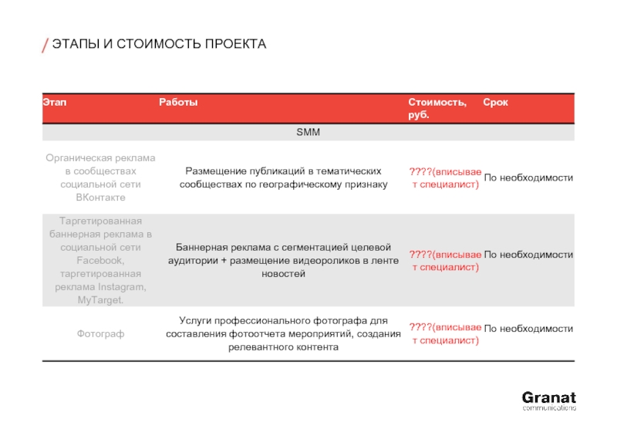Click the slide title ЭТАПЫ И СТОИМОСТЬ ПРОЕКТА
tap(158, 44)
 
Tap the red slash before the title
tap(45, 45)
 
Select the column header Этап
tap(54, 103)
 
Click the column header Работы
tap(178, 103)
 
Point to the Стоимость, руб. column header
tap(437, 108)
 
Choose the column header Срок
tap(495, 103)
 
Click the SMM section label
tap(308, 133)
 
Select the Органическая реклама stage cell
tap(100, 177)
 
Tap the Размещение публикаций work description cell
tap(284, 177)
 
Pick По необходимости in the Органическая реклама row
tap(528, 178)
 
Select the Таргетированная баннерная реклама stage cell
tap(100, 260)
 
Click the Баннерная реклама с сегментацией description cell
tap(284, 260)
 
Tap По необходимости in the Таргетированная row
tap(528, 255)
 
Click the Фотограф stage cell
tap(100, 334)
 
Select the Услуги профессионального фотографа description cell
tap(284, 333)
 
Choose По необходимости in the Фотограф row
tap(528, 329)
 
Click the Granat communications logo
tap(548, 401)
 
